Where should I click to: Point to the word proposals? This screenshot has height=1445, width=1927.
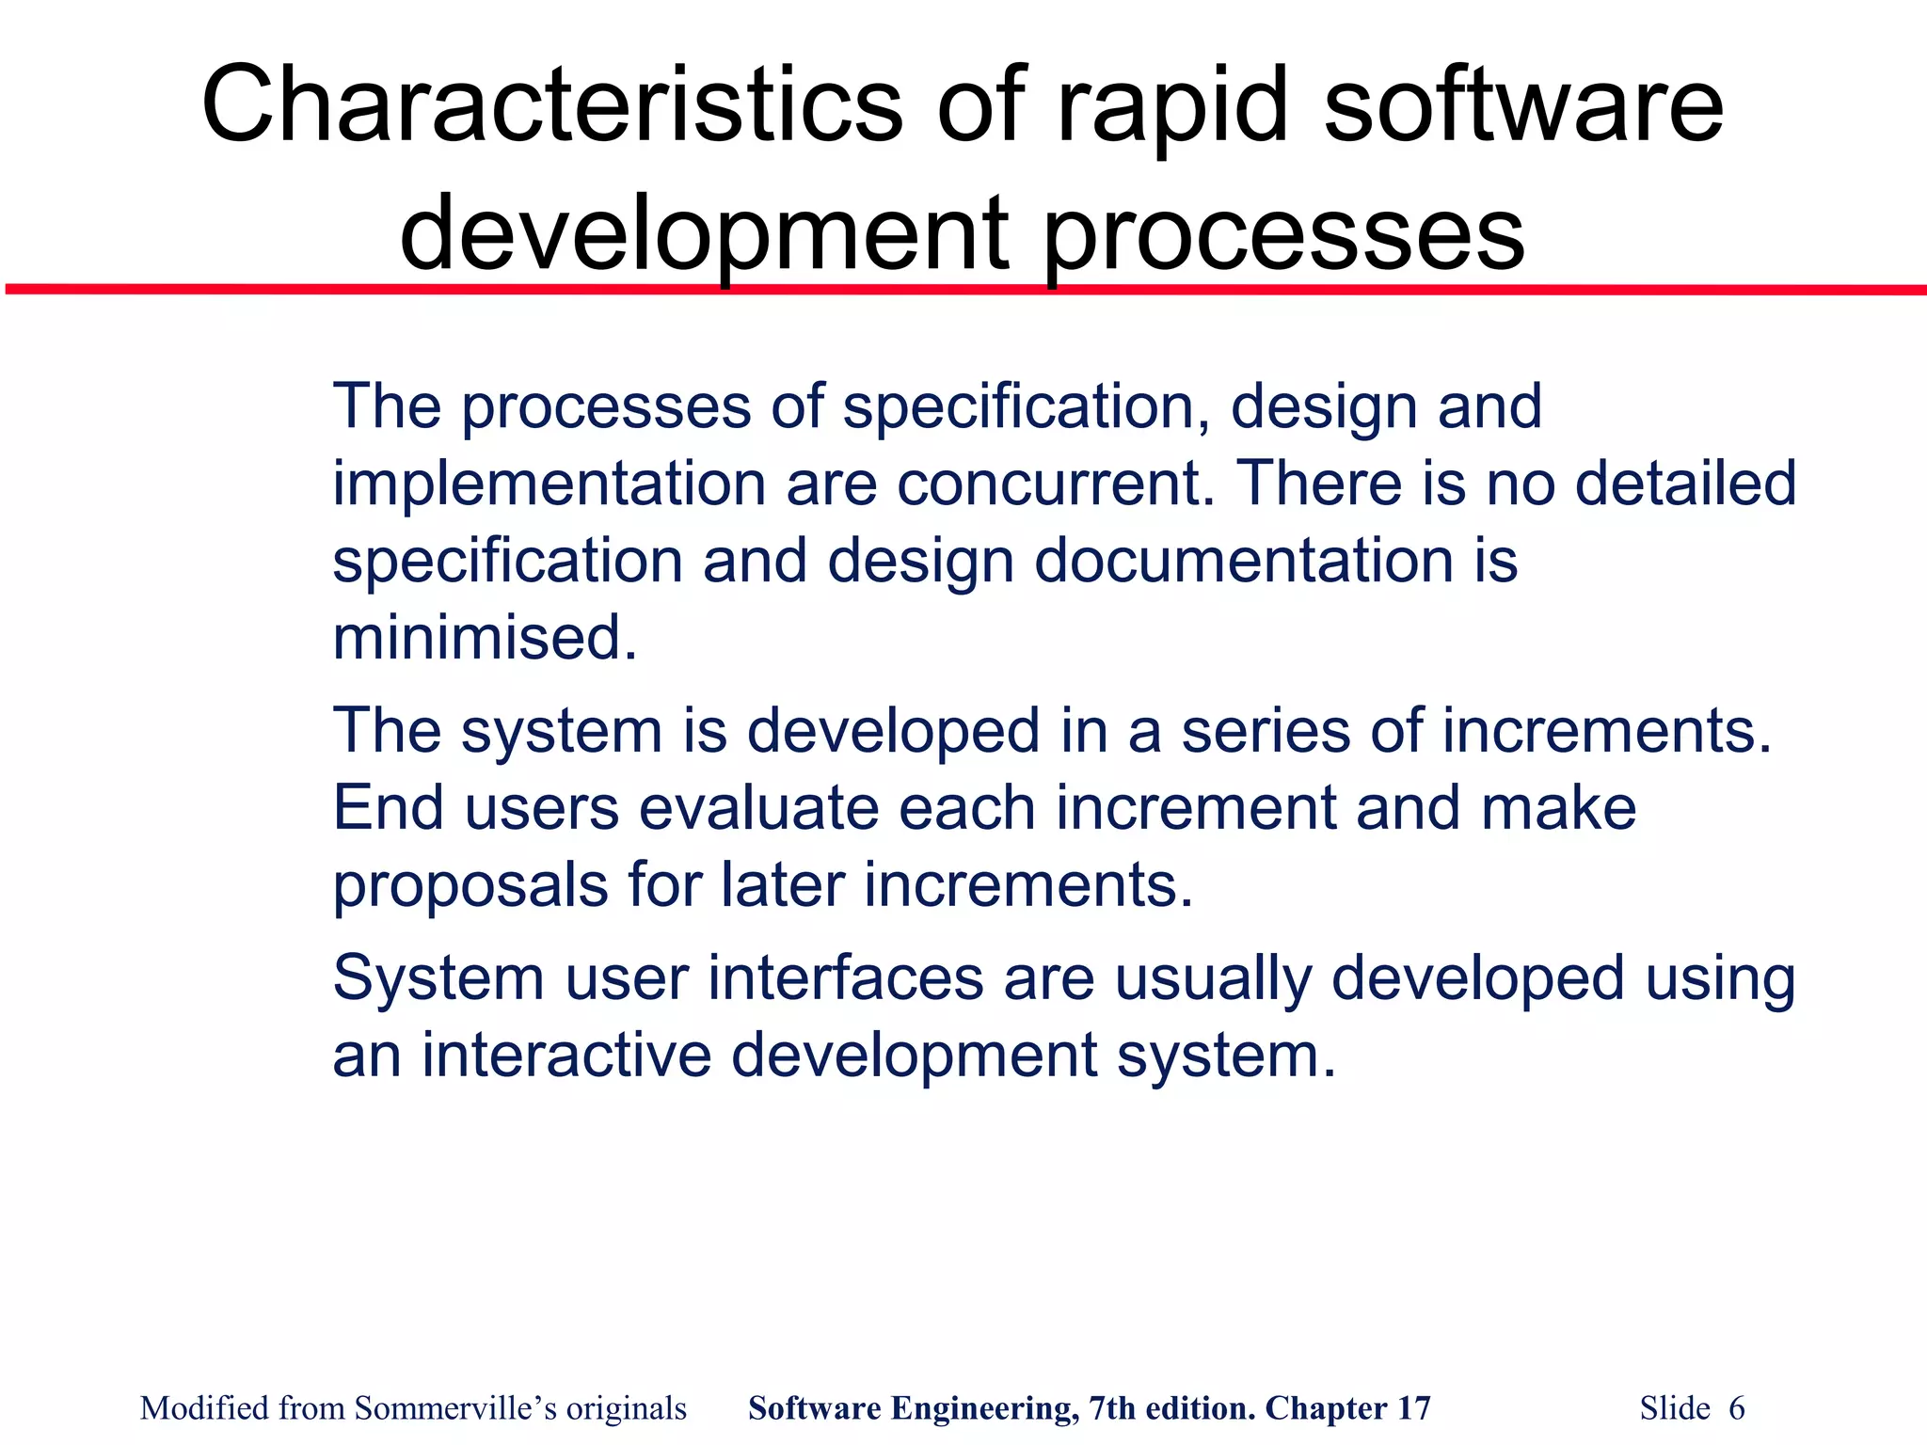(x=470, y=886)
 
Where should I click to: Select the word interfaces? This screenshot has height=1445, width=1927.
(x=845, y=978)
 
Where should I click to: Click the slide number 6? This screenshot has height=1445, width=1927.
(x=1736, y=1408)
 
